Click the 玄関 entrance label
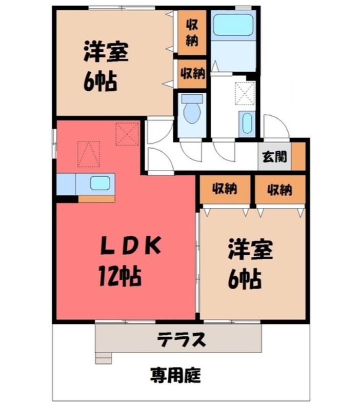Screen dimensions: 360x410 pyautogui.click(x=274, y=157)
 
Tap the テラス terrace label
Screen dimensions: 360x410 pyautogui.click(x=181, y=340)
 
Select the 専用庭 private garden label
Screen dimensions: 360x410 pyautogui.click(x=176, y=376)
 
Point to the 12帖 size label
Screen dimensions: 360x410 pyautogui.click(x=120, y=276)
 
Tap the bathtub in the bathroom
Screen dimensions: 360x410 pyautogui.click(x=234, y=24)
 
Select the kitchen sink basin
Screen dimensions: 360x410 pyautogui.click(x=100, y=183)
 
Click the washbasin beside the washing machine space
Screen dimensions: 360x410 pyautogui.click(x=247, y=124)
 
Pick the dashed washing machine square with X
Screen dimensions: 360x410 pyautogui.click(x=245, y=93)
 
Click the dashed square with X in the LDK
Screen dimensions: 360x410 pyautogui.click(x=127, y=134)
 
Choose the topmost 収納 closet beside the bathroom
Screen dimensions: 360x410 pyautogui.click(x=192, y=33)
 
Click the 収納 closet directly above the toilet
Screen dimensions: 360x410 pyautogui.click(x=192, y=74)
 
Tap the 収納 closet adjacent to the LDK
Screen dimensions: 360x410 pyautogui.click(x=225, y=189)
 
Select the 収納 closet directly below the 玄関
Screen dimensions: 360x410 pyautogui.click(x=280, y=189)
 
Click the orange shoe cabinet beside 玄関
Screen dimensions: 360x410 pyautogui.click(x=298, y=156)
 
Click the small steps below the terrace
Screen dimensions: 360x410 pyautogui.click(x=104, y=358)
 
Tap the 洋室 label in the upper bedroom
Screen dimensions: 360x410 pyautogui.click(x=106, y=52)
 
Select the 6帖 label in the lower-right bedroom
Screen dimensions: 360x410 pyautogui.click(x=245, y=279)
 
